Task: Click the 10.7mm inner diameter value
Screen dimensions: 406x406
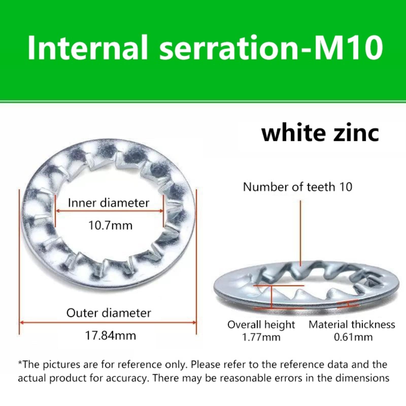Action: tap(110, 225)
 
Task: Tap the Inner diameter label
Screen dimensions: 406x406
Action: tap(109, 203)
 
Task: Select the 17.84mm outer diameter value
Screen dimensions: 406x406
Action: tap(111, 335)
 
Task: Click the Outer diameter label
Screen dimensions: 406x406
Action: tap(109, 313)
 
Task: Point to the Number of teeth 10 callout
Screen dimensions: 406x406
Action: tap(298, 187)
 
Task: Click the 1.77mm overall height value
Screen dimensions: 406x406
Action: tap(261, 337)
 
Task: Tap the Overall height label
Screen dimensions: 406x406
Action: tap(261, 325)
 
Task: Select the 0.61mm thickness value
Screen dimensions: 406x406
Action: tap(353, 337)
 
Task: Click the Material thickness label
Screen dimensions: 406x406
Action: tap(352, 325)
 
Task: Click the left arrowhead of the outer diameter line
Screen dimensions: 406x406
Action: tap(21, 323)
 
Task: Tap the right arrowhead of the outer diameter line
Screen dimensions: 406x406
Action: tap(195, 323)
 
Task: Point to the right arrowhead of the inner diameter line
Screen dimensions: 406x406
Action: tap(161, 211)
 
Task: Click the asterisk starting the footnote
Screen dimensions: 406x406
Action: tap(20, 363)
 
